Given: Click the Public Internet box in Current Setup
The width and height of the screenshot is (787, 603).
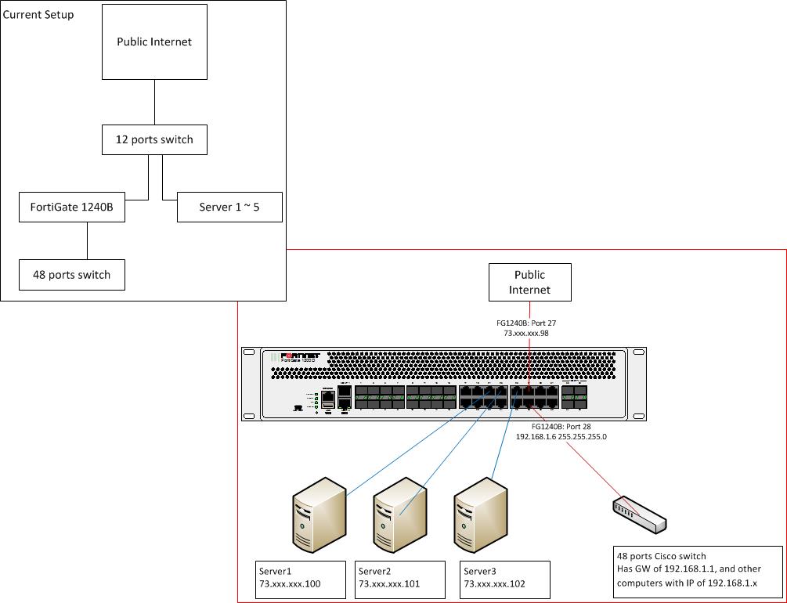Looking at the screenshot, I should [x=154, y=42].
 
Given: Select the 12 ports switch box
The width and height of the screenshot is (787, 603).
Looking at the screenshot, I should [x=154, y=139].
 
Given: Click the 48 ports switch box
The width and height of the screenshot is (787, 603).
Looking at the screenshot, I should [x=72, y=275].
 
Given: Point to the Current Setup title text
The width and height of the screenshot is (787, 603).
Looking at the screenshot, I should [x=39, y=14].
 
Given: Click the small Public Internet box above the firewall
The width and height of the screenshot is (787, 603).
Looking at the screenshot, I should [x=529, y=282].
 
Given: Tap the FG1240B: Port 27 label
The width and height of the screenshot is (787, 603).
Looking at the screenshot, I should [x=529, y=322].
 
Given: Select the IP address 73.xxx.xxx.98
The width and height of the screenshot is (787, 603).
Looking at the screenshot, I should [x=529, y=333].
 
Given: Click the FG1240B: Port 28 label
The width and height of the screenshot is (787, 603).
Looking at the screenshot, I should [x=561, y=426].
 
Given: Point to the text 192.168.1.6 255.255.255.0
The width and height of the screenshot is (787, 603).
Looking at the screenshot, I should [x=561, y=436].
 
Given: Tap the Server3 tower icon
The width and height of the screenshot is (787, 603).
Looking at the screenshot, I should [x=481, y=510].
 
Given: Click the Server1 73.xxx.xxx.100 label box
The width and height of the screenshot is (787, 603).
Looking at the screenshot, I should [x=301, y=578].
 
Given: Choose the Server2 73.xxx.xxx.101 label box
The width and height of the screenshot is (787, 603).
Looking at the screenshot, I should [x=401, y=578].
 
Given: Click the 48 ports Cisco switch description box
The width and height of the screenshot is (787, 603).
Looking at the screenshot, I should [x=698, y=572].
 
